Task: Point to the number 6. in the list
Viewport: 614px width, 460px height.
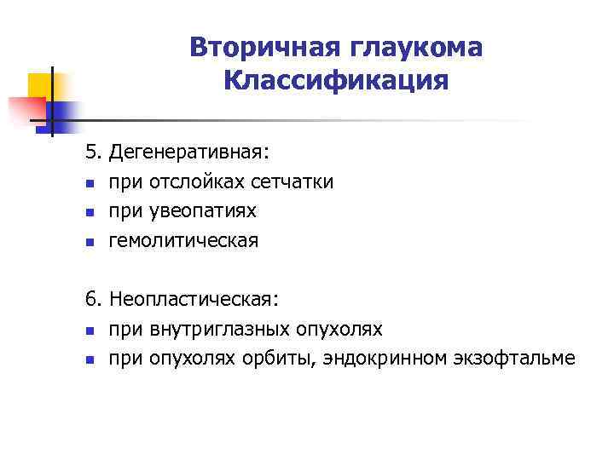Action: (x=93, y=300)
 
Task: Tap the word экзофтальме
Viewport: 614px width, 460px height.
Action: (x=511, y=359)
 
